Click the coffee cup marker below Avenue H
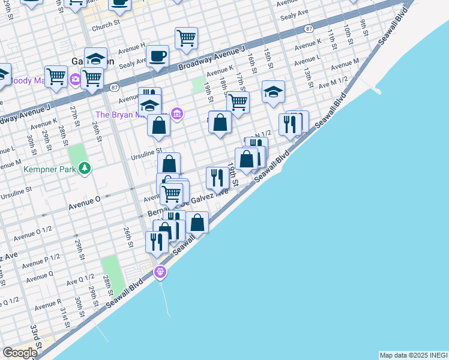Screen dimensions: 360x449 [x=157, y=57]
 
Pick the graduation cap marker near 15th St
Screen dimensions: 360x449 [x=273, y=92]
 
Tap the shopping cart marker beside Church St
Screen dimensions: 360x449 [x=186, y=38]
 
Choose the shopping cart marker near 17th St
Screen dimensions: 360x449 [x=238, y=103]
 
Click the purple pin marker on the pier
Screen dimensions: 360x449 [x=160, y=272]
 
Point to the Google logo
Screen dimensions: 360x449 [x=20, y=353]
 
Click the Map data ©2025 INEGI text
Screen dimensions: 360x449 [x=413, y=355]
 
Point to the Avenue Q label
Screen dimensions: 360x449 [x=40, y=277]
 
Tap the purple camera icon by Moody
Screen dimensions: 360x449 [x=76, y=79]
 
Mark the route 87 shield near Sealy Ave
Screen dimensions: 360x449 [x=309, y=29]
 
